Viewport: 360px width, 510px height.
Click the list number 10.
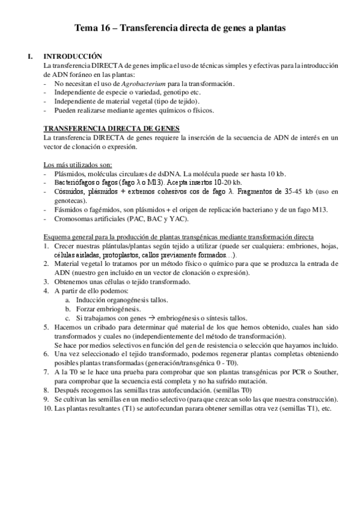coord(47,408)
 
